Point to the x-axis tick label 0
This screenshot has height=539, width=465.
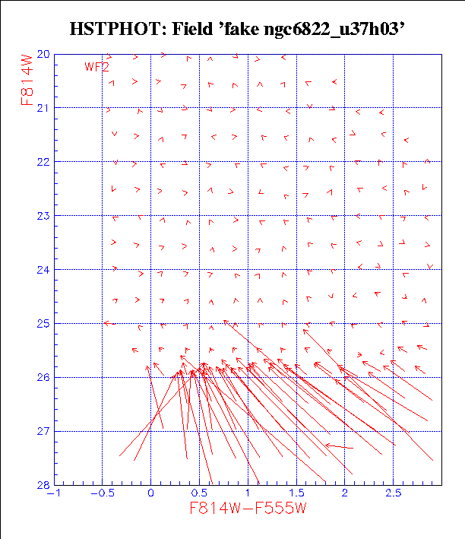point(150,494)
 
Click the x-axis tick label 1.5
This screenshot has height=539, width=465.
point(296,494)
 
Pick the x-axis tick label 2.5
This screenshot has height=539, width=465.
point(393,494)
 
